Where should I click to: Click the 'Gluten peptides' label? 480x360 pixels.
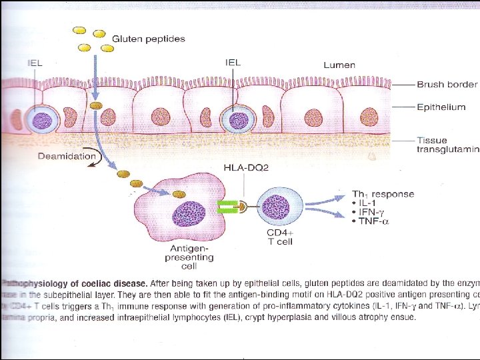click(148, 39)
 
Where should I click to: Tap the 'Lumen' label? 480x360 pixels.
click(339, 65)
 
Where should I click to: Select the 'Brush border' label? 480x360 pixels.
click(447, 85)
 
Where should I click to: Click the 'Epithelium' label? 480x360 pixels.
click(441, 107)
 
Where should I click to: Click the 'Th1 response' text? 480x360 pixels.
click(383, 195)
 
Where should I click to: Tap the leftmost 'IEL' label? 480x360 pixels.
click(35, 63)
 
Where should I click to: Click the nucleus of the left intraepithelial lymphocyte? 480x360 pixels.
click(42, 121)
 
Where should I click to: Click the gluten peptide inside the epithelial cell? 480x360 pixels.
click(97, 106)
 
